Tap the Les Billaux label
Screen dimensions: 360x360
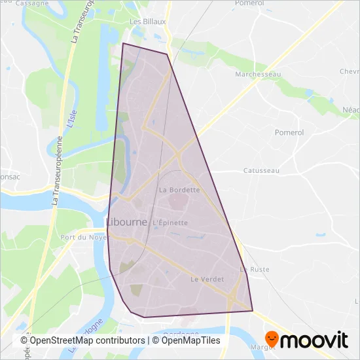[149, 21]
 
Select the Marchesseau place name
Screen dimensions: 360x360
[258, 75]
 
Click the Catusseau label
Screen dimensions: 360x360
[261, 170]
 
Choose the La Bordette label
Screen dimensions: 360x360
[179, 190]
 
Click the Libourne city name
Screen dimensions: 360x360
[126, 223]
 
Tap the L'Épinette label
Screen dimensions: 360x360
[170, 223]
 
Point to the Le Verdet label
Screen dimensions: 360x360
[207, 279]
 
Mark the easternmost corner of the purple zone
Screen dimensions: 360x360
[253, 311]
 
